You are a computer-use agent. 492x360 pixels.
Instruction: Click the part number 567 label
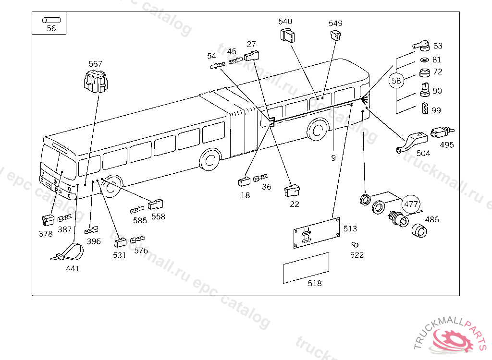click(x=96, y=64)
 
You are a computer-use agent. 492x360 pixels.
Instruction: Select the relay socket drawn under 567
click(x=96, y=81)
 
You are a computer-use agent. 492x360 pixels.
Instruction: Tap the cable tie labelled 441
click(x=67, y=252)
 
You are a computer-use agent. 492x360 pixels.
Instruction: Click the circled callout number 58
click(x=396, y=81)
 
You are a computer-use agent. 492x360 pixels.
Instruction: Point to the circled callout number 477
click(x=411, y=204)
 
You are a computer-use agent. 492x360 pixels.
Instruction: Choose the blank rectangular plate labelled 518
click(x=306, y=267)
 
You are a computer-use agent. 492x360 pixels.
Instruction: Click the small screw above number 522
click(x=355, y=244)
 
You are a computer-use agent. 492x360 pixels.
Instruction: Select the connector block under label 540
click(x=287, y=35)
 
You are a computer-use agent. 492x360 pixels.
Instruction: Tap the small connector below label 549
click(x=335, y=35)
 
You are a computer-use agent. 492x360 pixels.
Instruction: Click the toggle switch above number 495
click(x=442, y=132)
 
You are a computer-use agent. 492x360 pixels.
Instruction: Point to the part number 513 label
click(x=350, y=228)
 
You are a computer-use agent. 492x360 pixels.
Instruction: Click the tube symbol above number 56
click(x=51, y=20)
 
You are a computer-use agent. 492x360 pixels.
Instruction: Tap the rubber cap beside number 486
click(x=419, y=231)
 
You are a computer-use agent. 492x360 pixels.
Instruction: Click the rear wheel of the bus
click(x=318, y=129)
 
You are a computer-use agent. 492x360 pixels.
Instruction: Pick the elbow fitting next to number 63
click(x=421, y=46)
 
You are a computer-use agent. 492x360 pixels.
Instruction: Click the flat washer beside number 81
click(x=424, y=60)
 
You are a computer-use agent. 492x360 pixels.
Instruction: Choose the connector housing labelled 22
click(x=292, y=191)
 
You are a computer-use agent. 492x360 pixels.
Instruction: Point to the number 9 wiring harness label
click(x=333, y=158)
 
